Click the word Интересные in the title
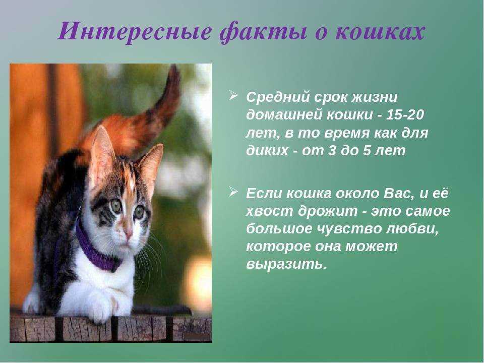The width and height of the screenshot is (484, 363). click(134, 33)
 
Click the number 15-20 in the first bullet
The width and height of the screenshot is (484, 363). click(405, 114)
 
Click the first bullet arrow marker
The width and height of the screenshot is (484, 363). click(233, 95)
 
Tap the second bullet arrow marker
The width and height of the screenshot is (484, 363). click(233, 191)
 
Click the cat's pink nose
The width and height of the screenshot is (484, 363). click(129, 234)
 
